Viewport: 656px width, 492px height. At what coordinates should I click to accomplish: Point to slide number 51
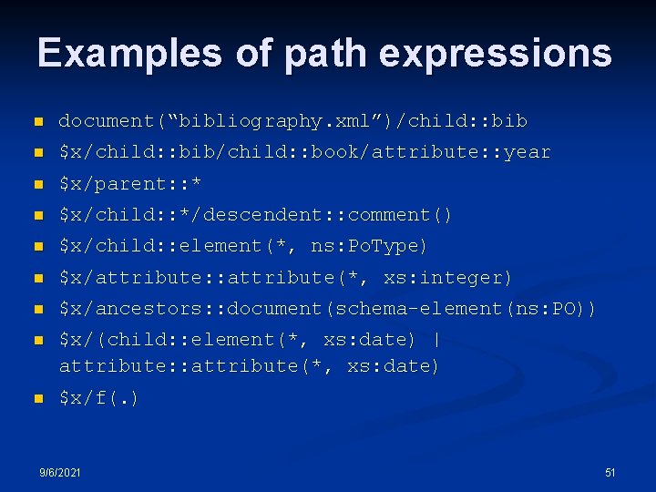tap(610, 472)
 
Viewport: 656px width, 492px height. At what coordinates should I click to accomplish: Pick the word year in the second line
tap(528, 152)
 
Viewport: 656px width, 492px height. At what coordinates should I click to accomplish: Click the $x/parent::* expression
tap(130, 183)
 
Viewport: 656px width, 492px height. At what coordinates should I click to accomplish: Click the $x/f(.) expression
tap(98, 397)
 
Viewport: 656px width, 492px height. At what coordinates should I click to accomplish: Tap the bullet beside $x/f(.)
tap(37, 398)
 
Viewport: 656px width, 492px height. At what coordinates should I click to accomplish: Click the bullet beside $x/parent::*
tap(37, 184)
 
